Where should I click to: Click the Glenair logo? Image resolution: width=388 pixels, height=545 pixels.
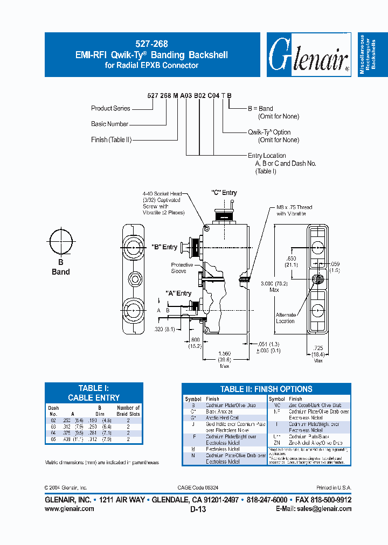pyautogui.click(x=309, y=54)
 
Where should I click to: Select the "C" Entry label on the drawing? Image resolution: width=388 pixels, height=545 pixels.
pyautogui.click(x=224, y=193)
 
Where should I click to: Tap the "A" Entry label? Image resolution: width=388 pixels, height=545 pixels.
pyautogui.click(x=178, y=294)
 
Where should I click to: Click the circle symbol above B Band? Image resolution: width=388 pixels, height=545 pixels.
pyautogui.click(x=60, y=241)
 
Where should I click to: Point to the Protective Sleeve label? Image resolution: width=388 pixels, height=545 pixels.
pyautogui.click(x=179, y=268)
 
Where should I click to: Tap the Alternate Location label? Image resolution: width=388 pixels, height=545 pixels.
pyautogui.click(x=286, y=318)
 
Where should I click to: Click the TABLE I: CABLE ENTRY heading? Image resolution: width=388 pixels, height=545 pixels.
pyautogui.click(x=94, y=393)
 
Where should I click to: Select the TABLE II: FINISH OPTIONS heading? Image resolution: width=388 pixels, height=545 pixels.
pyautogui.click(x=266, y=389)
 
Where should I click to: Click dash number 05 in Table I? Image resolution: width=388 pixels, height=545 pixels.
pyautogui.click(x=53, y=438)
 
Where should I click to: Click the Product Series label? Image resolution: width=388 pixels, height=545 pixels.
pyautogui.click(x=110, y=108)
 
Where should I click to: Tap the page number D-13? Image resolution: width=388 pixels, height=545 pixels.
pyautogui.click(x=198, y=509)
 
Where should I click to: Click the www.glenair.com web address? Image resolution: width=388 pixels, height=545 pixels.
pyautogui.click(x=69, y=508)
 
